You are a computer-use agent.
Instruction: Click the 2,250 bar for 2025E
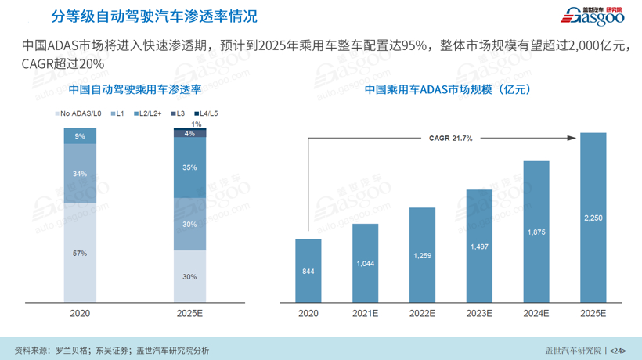(x=593, y=217)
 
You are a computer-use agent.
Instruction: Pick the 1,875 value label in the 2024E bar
(x=536, y=232)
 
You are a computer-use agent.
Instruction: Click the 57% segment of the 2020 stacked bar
(x=80, y=253)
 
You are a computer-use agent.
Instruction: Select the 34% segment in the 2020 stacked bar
(x=80, y=174)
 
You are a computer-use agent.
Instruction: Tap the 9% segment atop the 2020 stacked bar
(x=80, y=136)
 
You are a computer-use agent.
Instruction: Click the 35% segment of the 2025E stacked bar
(x=189, y=167)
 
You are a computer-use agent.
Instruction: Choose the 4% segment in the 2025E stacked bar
(x=189, y=134)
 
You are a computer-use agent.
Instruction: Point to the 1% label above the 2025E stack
(x=196, y=124)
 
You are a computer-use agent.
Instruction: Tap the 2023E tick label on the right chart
(x=479, y=313)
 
